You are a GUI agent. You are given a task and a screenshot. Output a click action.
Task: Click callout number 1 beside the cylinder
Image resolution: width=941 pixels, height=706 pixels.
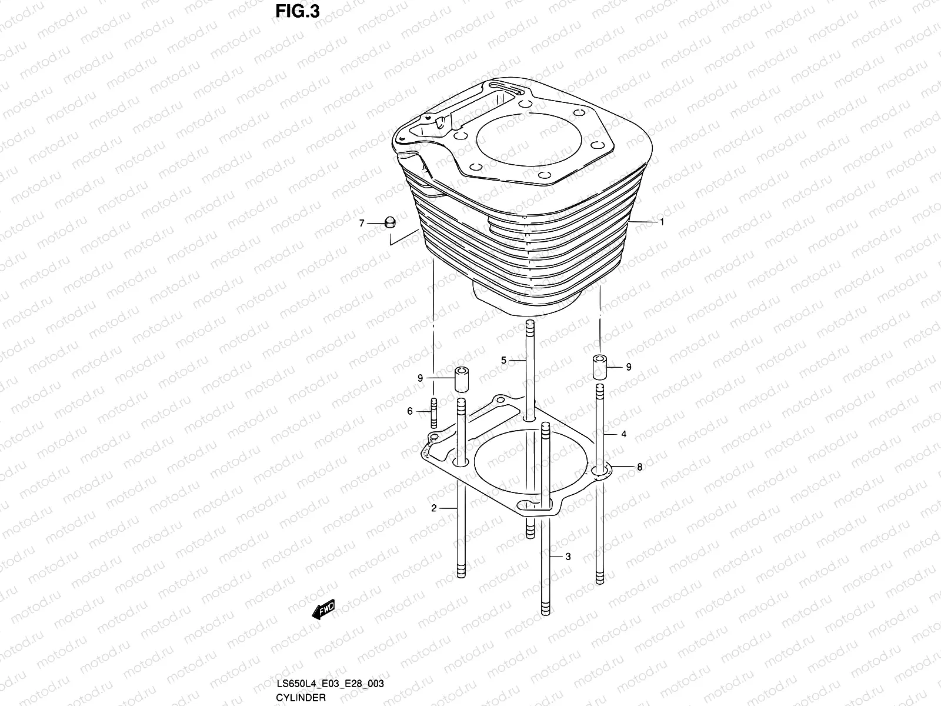[x=662, y=222]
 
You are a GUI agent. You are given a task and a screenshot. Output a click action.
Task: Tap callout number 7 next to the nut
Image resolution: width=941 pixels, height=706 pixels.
[x=362, y=223]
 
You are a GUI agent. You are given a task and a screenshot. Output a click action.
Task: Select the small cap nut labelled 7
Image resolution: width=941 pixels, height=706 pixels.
[x=389, y=222]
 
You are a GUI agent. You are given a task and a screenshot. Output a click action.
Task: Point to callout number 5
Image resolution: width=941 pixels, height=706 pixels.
[x=503, y=359]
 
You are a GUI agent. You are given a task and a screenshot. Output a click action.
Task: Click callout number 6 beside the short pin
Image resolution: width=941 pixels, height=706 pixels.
[x=411, y=411]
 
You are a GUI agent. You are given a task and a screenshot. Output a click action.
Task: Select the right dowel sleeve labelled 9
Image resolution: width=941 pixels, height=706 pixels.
[x=599, y=367]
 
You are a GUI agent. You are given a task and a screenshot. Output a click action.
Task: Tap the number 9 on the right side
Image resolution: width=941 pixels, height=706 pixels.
[x=629, y=367]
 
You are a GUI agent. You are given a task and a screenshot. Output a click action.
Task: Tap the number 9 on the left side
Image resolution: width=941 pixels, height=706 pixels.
[x=421, y=378]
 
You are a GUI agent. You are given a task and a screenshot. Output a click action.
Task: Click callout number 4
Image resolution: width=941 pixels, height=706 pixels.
[x=623, y=434]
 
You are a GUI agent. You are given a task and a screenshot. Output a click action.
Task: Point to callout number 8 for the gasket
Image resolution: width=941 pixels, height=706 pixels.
[x=640, y=467]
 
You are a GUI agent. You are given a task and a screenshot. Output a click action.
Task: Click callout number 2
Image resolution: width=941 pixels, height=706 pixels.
[x=434, y=508]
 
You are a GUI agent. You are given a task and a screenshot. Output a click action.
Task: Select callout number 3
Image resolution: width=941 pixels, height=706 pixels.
[x=568, y=557]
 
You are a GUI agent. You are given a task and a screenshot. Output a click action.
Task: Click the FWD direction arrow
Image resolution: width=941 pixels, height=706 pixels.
[x=323, y=610]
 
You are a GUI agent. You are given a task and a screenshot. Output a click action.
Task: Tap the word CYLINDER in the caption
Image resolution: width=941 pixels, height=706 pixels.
[x=301, y=697]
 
